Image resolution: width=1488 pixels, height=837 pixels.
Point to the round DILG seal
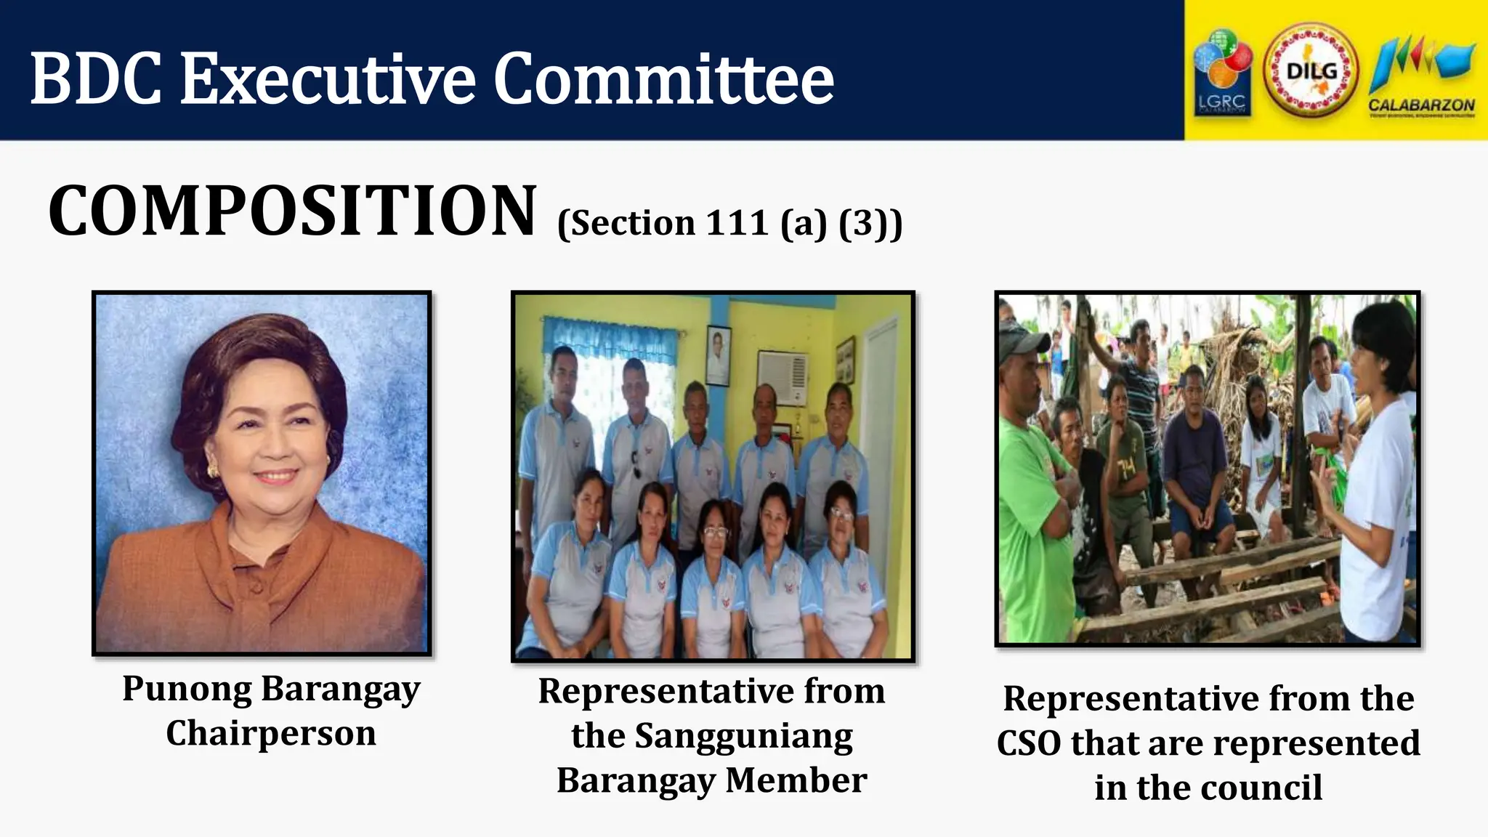(x=1311, y=71)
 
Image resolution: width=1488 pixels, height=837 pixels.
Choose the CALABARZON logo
(x=1421, y=76)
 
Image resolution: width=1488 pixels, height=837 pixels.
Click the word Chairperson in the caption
(x=271, y=733)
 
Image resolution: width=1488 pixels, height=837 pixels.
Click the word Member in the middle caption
(x=796, y=780)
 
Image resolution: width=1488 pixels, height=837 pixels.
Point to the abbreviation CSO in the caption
(x=1029, y=743)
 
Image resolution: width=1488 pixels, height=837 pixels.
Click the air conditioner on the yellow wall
(x=783, y=377)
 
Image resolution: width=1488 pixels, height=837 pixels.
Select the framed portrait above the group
(x=718, y=355)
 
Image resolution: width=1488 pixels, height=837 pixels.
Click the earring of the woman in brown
(x=213, y=470)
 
